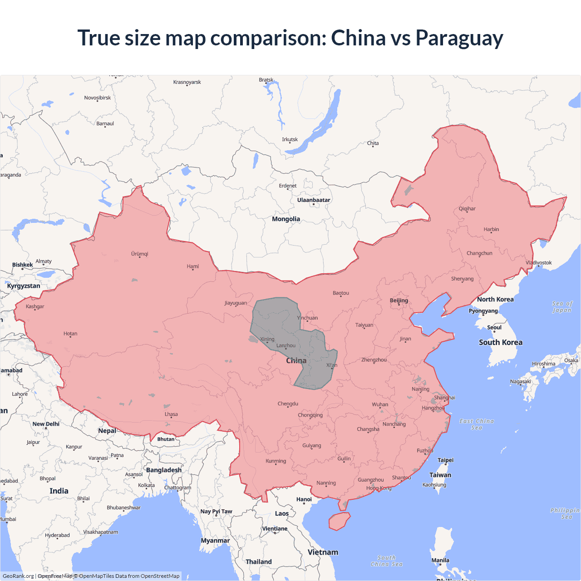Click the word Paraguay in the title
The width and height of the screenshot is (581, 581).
pyautogui.click(x=459, y=38)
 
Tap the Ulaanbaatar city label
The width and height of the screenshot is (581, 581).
pyautogui.click(x=314, y=200)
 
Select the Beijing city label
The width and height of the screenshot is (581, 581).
pyautogui.click(x=399, y=300)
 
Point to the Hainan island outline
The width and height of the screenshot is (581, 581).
pyautogui.click(x=339, y=521)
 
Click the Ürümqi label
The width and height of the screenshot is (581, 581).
pyautogui.click(x=140, y=254)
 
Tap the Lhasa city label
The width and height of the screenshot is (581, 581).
pyautogui.click(x=171, y=414)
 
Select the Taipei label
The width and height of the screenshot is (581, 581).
pyautogui.click(x=445, y=460)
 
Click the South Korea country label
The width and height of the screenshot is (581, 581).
pyautogui.click(x=500, y=342)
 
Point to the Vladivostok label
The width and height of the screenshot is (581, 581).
pyautogui.click(x=539, y=262)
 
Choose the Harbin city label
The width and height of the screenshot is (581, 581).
pyautogui.click(x=491, y=229)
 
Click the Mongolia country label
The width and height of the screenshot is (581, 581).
pyautogui.click(x=286, y=219)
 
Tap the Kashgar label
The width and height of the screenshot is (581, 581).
pyautogui.click(x=35, y=306)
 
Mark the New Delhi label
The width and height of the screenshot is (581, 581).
pyautogui.click(x=46, y=424)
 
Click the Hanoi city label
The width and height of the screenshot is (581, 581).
pyautogui.click(x=304, y=499)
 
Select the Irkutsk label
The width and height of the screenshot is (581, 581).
pyautogui.click(x=290, y=139)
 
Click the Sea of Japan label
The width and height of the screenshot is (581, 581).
pyautogui.click(x=562, y=307)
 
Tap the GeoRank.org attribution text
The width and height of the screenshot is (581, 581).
pyautogui.click(x=18, y=576)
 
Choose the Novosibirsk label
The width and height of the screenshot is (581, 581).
pyautogui.click(x=97, y=98)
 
